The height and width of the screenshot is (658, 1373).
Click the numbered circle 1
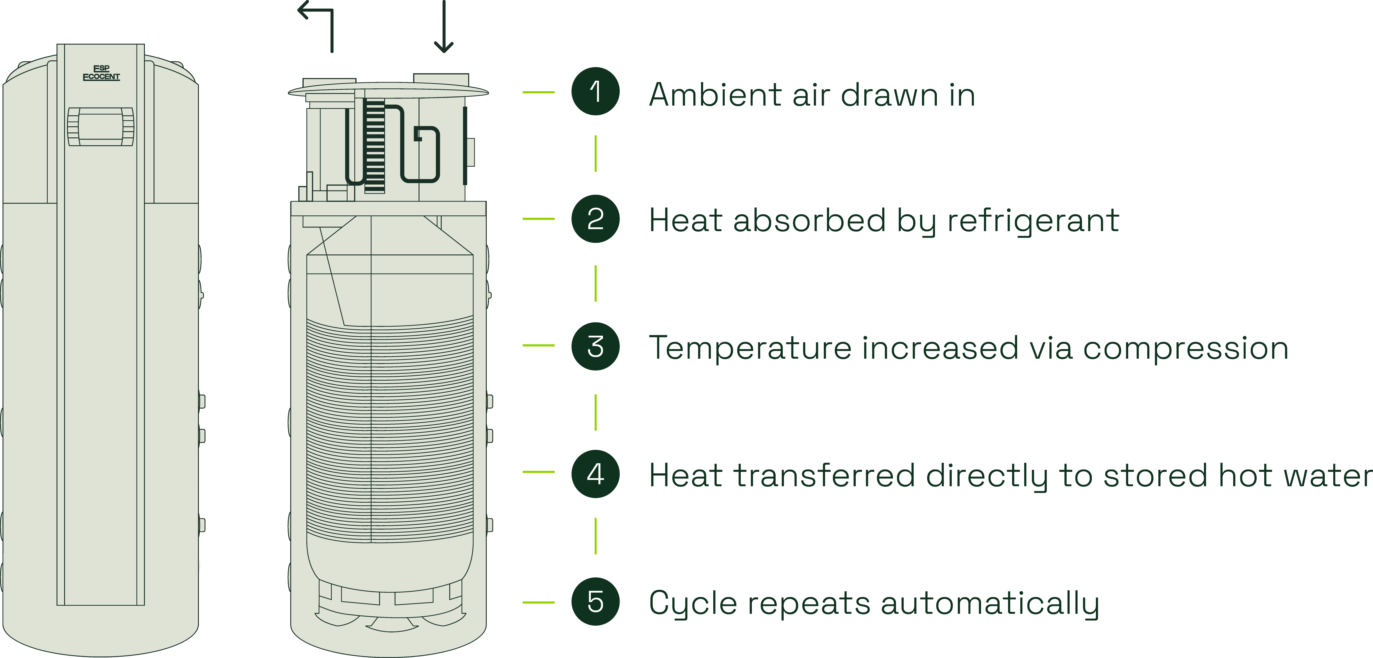(595, 92)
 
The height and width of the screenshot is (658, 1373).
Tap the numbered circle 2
(595, 219)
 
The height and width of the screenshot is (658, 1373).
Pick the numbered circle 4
(595, 474)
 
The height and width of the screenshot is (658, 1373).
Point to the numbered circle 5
(595, 601)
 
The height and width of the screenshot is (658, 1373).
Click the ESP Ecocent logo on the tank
(101, 72)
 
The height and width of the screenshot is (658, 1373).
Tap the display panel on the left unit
(101, 126)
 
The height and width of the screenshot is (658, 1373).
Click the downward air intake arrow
(443, 27)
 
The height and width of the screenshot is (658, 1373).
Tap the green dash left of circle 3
(538, 346)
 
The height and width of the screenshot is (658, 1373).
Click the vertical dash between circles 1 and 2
(595, 154)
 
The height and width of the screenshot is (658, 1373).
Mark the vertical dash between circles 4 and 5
(595, 536)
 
